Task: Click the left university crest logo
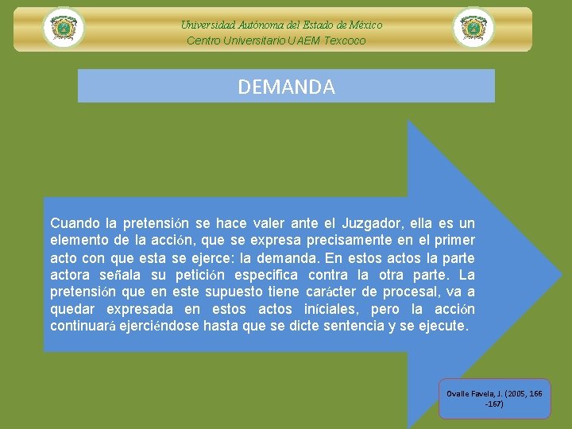[x=64, y=28]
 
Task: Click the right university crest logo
[x=473, y=28]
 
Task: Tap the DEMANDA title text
[x=286, y=87]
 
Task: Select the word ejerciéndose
[x=165, y=327]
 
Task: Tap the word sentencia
[x=352, y=327]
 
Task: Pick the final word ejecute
[x=446, y=327]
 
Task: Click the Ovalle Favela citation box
[x=493, y=398]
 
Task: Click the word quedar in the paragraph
[x=71, y=309]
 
